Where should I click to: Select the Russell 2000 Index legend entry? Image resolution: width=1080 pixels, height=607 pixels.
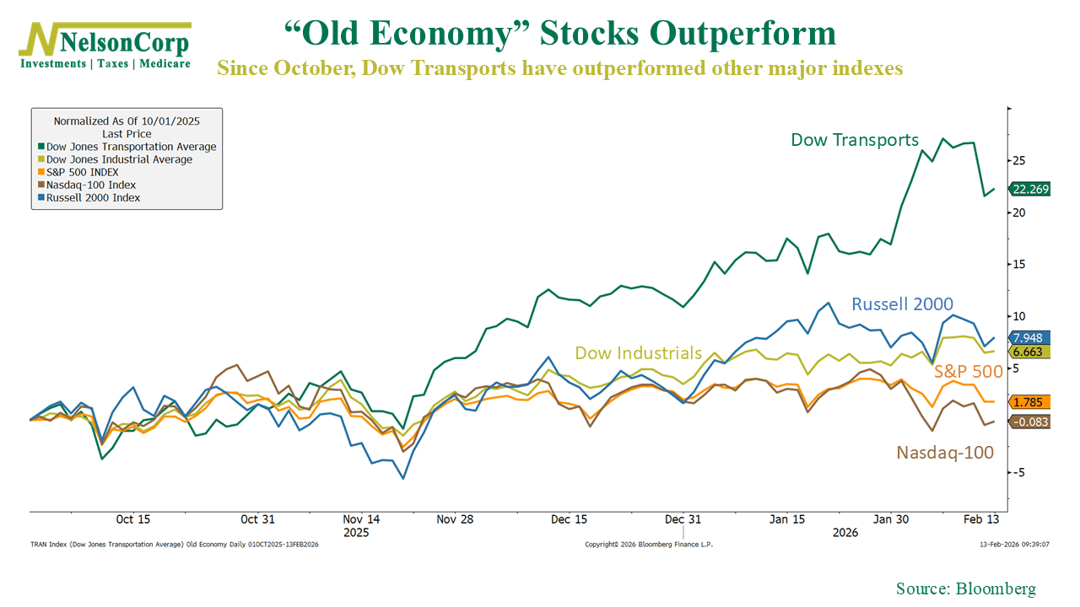[93, 197]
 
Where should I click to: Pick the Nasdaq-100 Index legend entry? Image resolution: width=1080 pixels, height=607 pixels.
[91, 185]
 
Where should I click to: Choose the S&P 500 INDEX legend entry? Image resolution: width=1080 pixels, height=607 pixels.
[83, 172]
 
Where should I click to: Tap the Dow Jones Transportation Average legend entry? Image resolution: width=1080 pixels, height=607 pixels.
[131, 147]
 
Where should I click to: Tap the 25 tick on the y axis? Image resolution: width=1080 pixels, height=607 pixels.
[1020, 160]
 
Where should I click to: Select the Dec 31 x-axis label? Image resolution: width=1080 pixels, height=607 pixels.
[683, 519]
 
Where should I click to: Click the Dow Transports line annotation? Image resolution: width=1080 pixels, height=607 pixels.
[854, 140]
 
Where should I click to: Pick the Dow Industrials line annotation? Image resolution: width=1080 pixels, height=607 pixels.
[638, 353]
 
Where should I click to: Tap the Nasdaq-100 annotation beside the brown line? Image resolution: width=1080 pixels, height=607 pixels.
[945, 453]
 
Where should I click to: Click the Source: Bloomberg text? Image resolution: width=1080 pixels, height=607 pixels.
[965, 588]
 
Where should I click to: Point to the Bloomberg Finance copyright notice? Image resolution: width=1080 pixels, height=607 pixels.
[649, 545]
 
